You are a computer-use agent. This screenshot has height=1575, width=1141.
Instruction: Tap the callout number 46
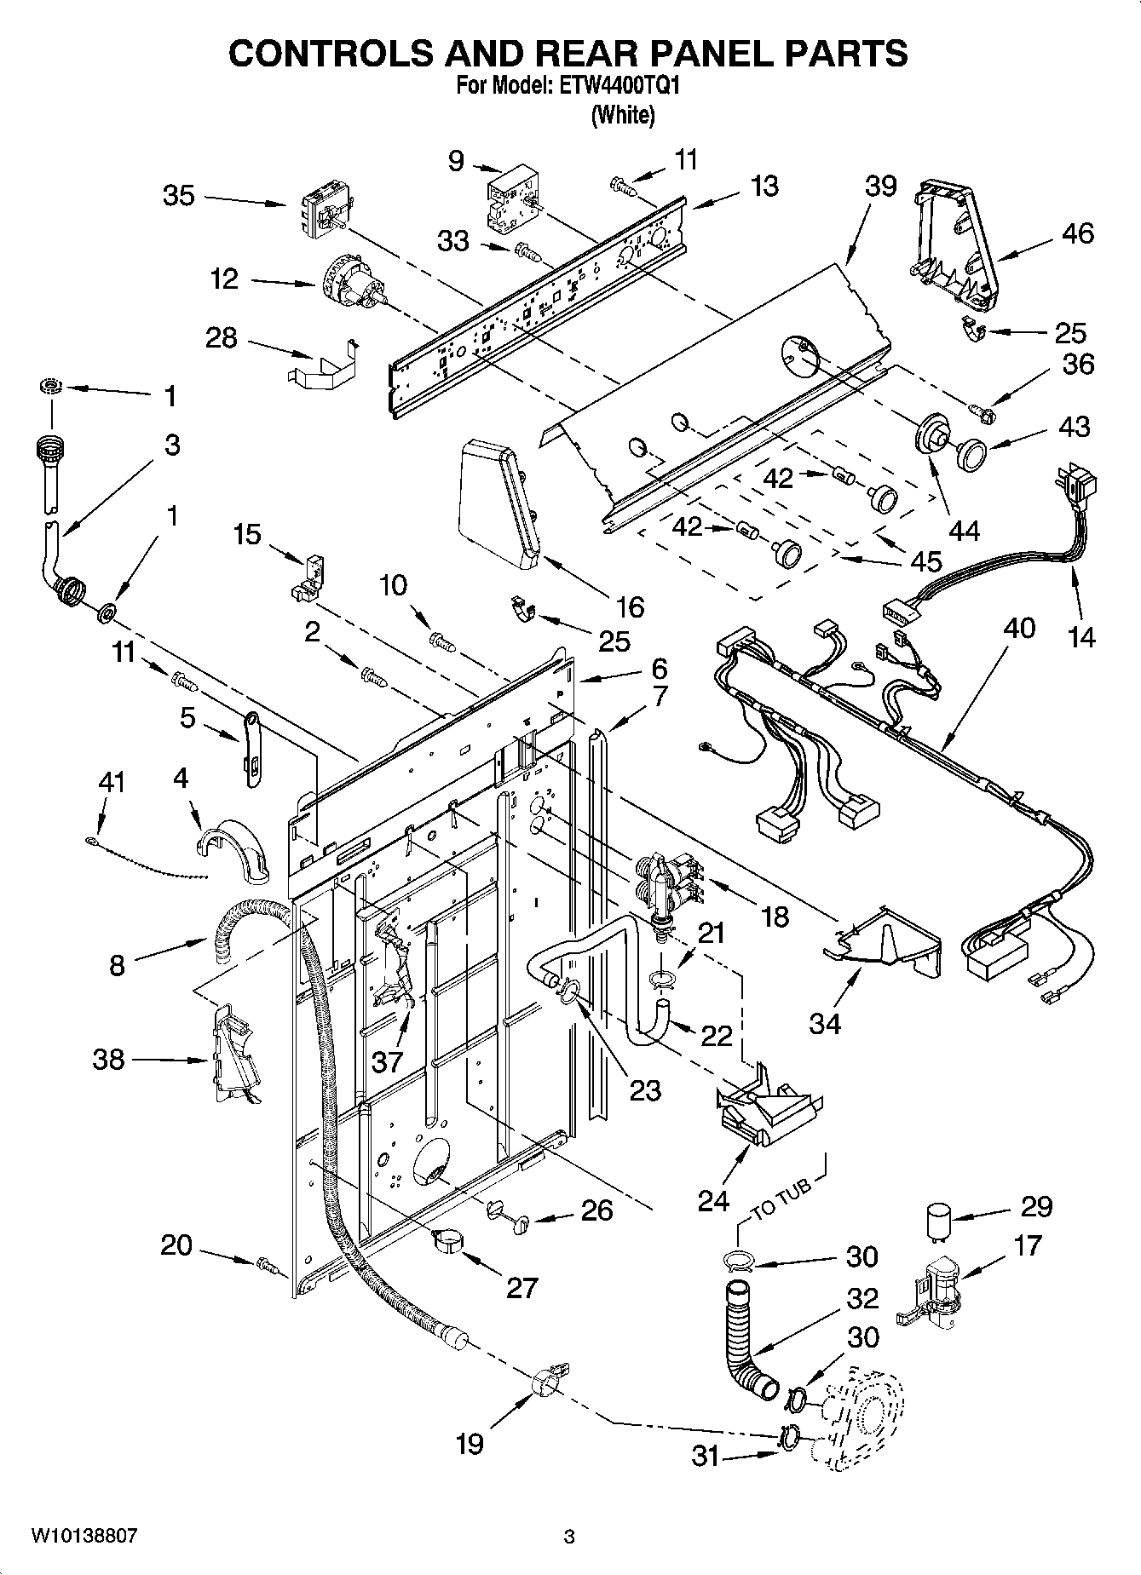pyautogui.click(x=1077, y=233)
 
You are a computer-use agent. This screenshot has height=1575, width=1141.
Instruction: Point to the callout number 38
pyautogui.click(x=108, y=1061)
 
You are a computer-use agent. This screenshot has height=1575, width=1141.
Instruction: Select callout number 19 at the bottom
pyautogui.click(x=470, y=1443)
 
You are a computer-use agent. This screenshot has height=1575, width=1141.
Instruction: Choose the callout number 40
pyautogui.click(x=1019, y=629)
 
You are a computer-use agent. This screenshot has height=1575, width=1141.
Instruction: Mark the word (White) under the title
pyautogui.click(x=623, y=116)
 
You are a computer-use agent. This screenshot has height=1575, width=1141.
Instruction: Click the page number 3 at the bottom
pyautogui.click(x=569, y=1538)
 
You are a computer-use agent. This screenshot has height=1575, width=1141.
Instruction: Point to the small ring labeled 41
pyautogui.click(x=91, y=842)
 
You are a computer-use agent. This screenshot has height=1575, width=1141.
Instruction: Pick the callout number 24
pyautogui.click(x=713, y=1201)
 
